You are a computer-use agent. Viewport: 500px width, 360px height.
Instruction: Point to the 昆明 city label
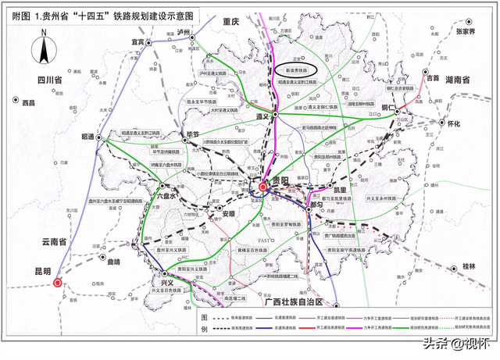[x=42, y=271]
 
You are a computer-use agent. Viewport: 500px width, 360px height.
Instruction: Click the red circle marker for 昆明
[x=58, y=283]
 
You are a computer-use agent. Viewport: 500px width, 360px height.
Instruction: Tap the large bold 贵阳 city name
[x=283, y=181]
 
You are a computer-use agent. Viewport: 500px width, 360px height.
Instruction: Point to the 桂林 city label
[x=468, y=266]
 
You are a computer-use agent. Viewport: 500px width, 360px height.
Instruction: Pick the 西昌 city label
[x=29, y=103]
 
